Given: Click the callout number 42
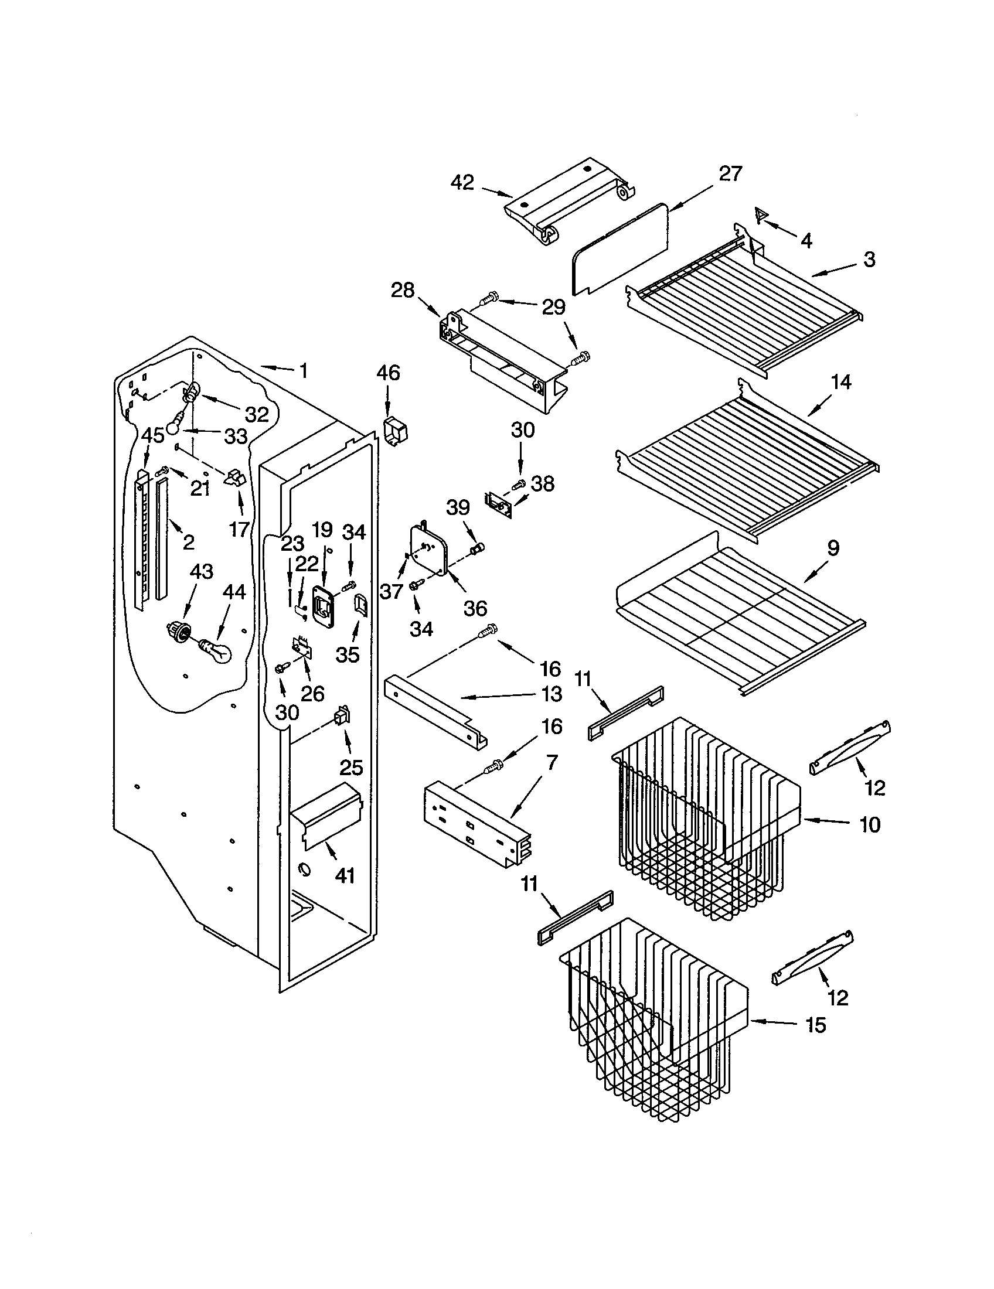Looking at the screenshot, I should coord(462,182).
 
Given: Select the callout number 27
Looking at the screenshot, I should coord(730,173).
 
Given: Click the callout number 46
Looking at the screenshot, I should coord(388,373).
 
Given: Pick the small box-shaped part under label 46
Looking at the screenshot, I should coord(396,430).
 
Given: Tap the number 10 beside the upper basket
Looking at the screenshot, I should coord(869,824).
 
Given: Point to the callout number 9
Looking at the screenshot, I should coord(832,548).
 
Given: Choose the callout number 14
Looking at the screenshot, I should coord(840,383).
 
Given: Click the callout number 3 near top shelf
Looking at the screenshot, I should coord(869,259).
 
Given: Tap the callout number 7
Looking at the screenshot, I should coord(552,762).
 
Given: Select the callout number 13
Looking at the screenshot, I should coord(552,694).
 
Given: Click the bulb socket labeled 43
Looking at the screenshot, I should coord(179,632).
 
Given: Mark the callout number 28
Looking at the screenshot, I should coord(403,291).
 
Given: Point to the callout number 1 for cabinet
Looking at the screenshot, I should coord(303,371).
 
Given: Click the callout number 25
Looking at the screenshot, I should coord(351,768).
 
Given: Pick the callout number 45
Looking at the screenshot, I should coord(153,435).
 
